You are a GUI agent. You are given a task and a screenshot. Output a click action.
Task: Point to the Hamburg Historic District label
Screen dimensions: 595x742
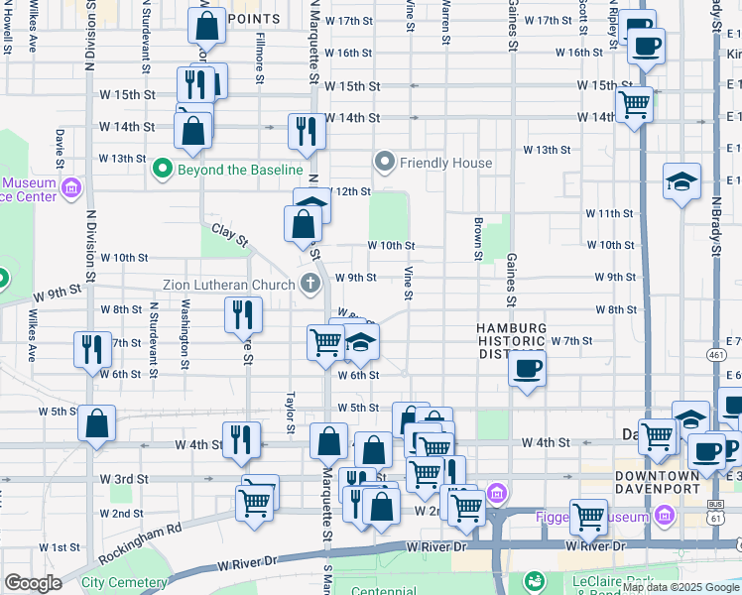511,342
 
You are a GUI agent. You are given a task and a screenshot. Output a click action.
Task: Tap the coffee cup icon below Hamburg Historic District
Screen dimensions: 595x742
526,369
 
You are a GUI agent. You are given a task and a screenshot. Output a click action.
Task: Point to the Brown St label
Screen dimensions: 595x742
478,238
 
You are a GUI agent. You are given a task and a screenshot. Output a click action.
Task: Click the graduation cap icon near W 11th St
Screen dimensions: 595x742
681,181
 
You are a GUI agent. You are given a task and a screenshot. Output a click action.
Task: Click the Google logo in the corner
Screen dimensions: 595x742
33,584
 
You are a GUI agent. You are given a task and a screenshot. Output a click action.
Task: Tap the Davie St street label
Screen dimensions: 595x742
61,147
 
